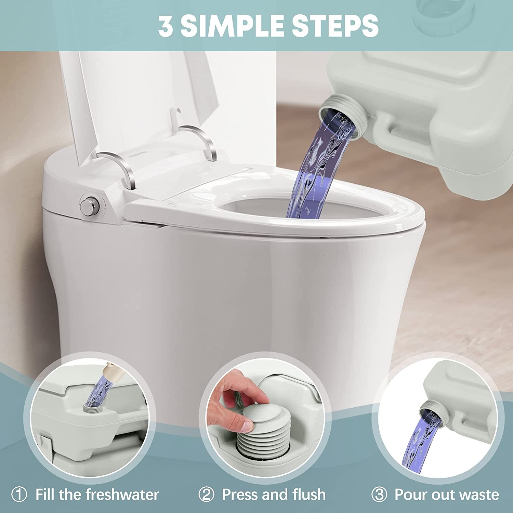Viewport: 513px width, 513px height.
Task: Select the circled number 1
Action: pyautogui.click(x=19, y=495)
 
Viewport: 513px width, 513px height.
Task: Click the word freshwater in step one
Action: pyautogui.click(x=122, y=495)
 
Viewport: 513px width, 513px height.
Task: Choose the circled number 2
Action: pyautogui.click(x=206, y=495)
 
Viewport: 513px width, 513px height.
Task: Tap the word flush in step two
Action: pyautogui.click(x=308, y=495)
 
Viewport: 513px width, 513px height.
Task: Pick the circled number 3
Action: pyautogui.click(x=379, y=495)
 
